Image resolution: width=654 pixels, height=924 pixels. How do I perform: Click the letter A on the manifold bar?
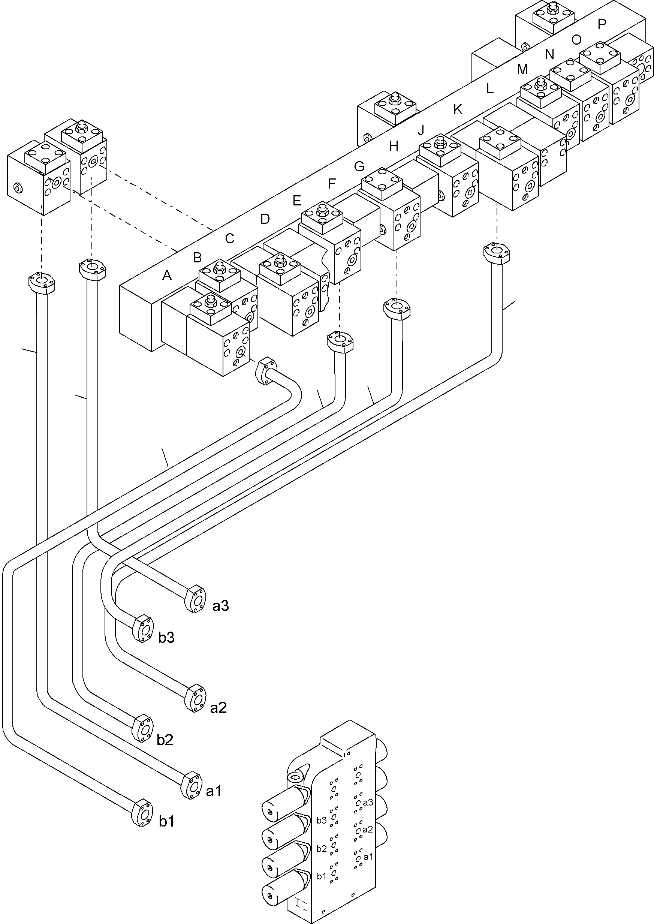tap(167, 275)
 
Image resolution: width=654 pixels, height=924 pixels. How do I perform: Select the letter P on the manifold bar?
tap(602, 25)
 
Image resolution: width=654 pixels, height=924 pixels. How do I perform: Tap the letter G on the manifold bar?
tap(359, 166)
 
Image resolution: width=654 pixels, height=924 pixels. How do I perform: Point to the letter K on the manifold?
tap(458, 109)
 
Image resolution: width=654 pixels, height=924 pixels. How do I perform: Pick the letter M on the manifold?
tap(522, 70)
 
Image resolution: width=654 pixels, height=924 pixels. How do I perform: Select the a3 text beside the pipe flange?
tap(221, 606)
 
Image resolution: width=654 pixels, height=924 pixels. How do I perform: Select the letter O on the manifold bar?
tap(576, 39)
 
